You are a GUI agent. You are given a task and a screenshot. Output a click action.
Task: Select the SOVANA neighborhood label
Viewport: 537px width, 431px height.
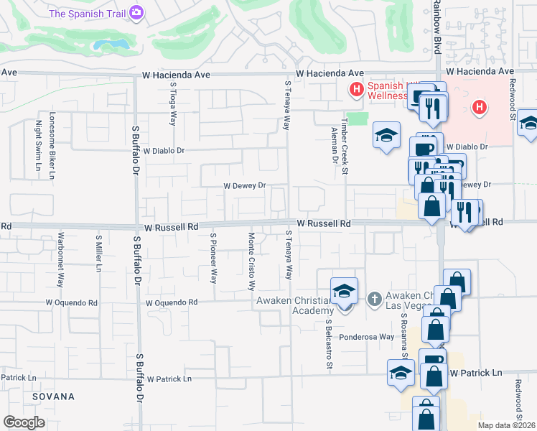coord(52,397)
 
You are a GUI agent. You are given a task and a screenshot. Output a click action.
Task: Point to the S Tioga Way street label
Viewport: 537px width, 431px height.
coord(173,103)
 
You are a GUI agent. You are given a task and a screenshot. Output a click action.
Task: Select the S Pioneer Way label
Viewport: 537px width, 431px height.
coord(213,256)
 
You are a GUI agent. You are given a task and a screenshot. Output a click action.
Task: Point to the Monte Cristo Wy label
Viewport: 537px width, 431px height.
coord(251,260)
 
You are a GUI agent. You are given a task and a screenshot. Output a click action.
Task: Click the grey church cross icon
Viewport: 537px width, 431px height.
coord(374,298)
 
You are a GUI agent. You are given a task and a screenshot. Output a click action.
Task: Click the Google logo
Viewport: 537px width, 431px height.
coord(24,422)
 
